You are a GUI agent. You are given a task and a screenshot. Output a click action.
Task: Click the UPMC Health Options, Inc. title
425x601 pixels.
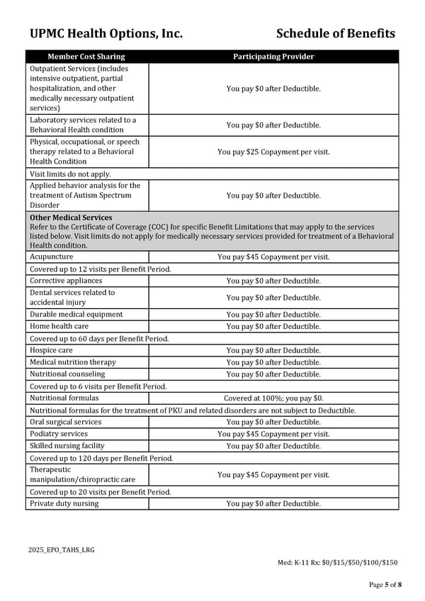point(106,33)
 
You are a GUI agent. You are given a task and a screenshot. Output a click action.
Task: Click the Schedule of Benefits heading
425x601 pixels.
point(335,33)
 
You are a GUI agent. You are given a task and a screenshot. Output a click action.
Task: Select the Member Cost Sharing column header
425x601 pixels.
point(86,57)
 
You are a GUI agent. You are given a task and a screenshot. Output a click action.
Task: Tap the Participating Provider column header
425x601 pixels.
point(273,57)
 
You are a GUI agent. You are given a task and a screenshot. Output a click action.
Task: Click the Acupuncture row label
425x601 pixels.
point(51,257)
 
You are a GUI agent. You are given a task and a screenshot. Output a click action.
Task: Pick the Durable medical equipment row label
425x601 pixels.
point(76,315)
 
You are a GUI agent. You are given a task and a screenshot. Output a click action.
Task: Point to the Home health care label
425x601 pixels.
point(59,327)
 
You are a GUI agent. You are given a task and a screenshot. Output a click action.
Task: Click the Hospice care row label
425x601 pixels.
point(51,351)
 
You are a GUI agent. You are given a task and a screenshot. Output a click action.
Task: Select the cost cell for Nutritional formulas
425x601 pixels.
point(273,399)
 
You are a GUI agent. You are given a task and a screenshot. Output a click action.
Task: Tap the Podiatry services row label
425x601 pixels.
point(59,434)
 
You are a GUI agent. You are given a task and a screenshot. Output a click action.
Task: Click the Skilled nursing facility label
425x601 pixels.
point(67,446)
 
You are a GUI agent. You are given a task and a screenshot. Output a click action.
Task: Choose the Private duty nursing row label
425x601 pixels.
point(64,504)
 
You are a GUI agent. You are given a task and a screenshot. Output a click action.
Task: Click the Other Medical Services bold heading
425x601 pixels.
point(71,218)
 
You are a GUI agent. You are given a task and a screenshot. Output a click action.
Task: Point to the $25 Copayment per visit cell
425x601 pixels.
point(273,152)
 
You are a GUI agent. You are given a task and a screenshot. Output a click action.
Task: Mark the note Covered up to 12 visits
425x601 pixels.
point(100,269)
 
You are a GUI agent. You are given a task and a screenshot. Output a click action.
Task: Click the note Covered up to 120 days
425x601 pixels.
point(101,459)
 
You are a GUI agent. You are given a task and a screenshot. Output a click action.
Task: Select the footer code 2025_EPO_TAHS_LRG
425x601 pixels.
point(61,550)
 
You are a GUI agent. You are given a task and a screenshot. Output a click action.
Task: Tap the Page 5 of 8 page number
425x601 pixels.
point(385,585)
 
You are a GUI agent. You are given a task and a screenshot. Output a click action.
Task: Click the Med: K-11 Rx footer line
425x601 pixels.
point(337,563)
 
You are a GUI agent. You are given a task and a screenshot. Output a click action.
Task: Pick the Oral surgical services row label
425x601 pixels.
point(65,422)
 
